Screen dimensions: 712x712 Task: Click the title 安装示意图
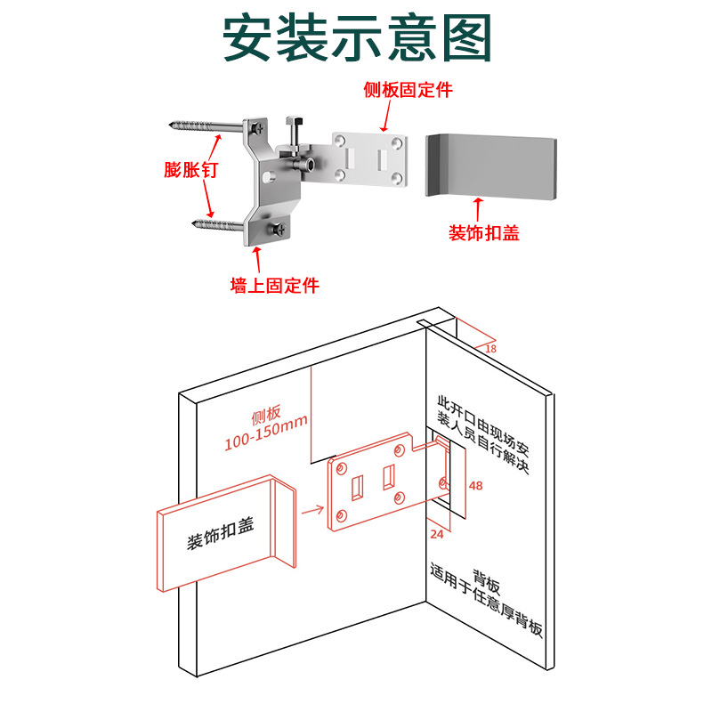coord(357,37)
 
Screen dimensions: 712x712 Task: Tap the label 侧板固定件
coord(408,90)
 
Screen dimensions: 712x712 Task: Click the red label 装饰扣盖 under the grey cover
coord(483,233)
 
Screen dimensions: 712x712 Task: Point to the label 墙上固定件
coord(274,286)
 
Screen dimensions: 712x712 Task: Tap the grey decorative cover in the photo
coord(492,165)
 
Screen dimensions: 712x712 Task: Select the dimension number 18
coord(490,349)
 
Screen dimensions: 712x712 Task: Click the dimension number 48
coord(475,486)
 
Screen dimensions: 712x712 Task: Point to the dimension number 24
coord(437,534)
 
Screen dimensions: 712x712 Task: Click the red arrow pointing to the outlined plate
coord(311,511)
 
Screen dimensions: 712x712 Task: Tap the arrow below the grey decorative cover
coord(477,209)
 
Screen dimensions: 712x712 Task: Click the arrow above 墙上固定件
coord(259,260)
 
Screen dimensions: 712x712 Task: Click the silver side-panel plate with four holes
coord(372,158)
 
